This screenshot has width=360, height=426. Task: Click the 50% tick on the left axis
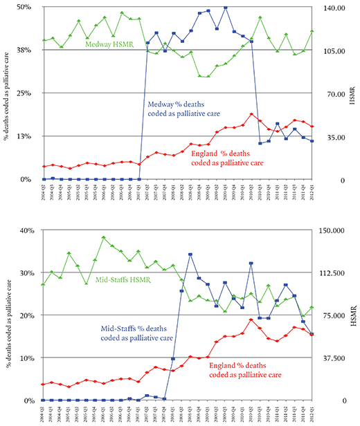pos(23,7)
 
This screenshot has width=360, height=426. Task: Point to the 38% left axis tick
pos(23,50)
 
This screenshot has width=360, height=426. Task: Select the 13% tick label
pos(23,136)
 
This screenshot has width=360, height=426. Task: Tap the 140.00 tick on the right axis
pos(336,7)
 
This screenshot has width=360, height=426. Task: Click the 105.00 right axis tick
pos(336,50)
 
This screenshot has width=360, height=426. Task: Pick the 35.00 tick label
pos(334,137)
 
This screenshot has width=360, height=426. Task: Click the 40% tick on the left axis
pos(23,230)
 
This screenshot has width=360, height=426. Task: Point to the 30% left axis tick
pos(23,273)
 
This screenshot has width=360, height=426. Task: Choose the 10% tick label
pos(23,358)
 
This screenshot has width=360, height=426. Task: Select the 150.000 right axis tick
pos(336,230)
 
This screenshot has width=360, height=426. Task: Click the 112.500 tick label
pos(336,273)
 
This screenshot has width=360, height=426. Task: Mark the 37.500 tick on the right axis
pos(336,358)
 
